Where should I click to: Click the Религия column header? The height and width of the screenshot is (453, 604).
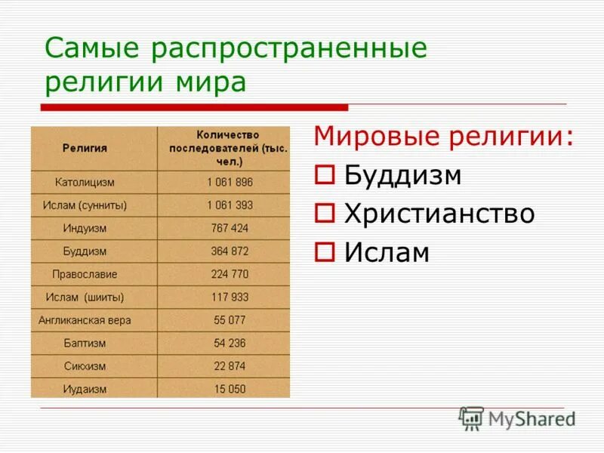[x=85, y=149]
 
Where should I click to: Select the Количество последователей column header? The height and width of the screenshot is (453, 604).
[x=228, y=148]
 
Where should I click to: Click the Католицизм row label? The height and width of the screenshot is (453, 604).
[x=85, y=183]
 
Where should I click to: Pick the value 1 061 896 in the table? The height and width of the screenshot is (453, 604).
[x=230, y=183]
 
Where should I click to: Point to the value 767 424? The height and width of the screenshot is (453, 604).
[x=230, y=228]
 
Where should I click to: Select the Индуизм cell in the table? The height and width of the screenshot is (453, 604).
[x=85, y=228]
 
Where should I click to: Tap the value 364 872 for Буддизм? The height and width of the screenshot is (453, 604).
[x=230, y=251]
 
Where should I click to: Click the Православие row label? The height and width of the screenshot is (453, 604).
[x=85, y=274]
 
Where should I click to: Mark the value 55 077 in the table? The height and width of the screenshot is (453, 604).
[x=230, y=320]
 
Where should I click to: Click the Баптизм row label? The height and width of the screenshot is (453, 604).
[x=85, y=343]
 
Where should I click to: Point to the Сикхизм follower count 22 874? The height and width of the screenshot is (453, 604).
[x=230, y=365]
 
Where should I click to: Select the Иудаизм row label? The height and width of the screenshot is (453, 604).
[x=85, y=389]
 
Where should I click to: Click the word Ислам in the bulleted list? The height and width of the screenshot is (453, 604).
[x=387, y=253]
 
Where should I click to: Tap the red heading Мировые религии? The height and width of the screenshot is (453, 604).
[x=442, y=138]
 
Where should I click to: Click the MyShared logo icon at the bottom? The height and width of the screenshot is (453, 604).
[x=472, y=418]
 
